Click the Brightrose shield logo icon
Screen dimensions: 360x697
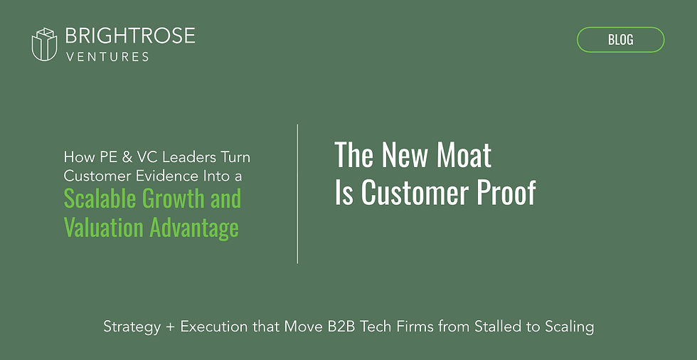click(x=44, y=44)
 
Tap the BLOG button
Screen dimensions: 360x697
click(x=620, y=40)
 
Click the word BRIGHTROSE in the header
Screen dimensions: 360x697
click(x=129, y=36)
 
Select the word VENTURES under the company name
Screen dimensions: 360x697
click(x=107, y=56)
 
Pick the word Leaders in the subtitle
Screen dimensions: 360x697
click(x=191, y=157)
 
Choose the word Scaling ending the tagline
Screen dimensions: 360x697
click(x=566, y=327)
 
